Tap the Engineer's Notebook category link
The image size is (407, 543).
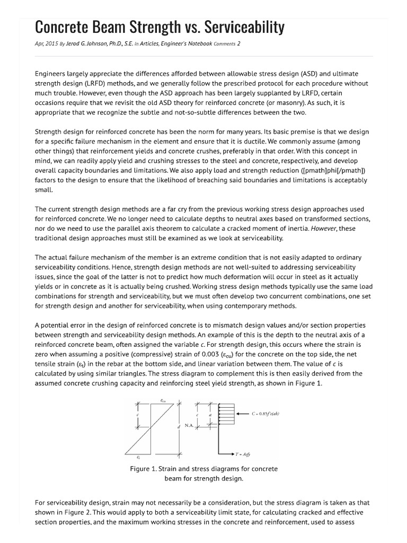(188, 44)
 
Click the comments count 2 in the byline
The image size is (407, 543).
(239, 44)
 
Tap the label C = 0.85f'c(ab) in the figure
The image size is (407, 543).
(272, 415)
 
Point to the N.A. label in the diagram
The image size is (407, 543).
(189, 425)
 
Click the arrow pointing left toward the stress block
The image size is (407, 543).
(245, 415)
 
